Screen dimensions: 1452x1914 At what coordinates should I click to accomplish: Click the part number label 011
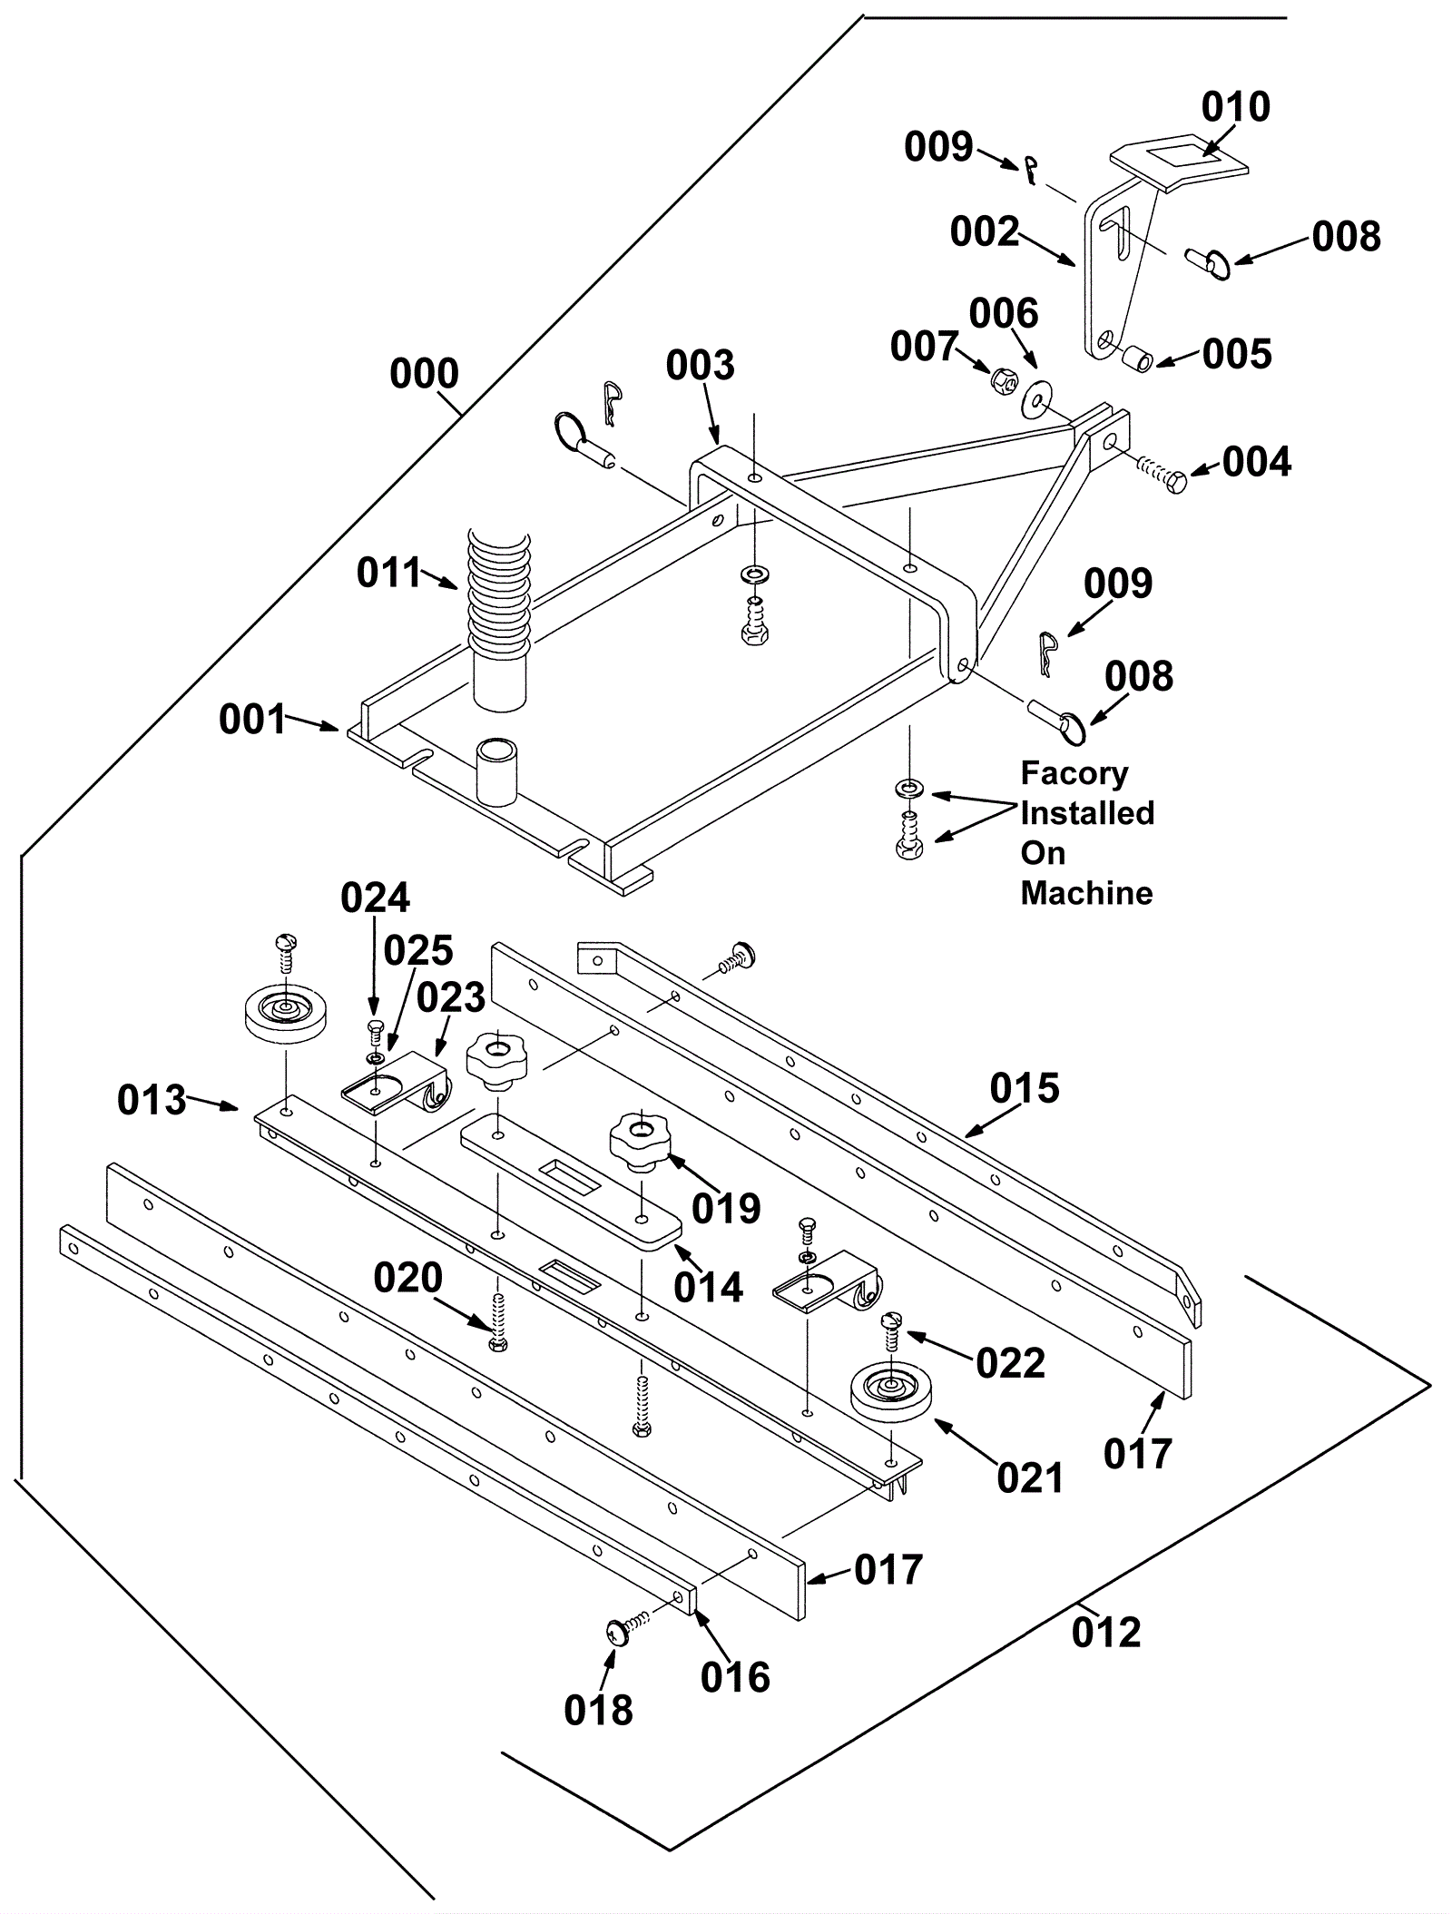point(389,573)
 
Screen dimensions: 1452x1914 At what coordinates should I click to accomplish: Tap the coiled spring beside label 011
point(496,589)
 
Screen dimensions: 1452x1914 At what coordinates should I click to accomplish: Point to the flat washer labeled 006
point(1034,398)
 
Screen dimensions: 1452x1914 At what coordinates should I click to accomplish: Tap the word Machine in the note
point(1086,893)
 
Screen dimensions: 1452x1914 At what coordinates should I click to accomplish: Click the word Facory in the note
point(1074,773)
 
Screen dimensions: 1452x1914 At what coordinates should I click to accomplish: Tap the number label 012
point(1105,1633)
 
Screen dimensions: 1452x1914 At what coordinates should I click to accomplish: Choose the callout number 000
point(424,374)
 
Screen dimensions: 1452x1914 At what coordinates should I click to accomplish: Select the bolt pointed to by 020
point(497,1324)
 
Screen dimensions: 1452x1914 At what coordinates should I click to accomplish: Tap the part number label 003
point(700,366)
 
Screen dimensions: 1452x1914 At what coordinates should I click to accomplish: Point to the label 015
point(1025,1087)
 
